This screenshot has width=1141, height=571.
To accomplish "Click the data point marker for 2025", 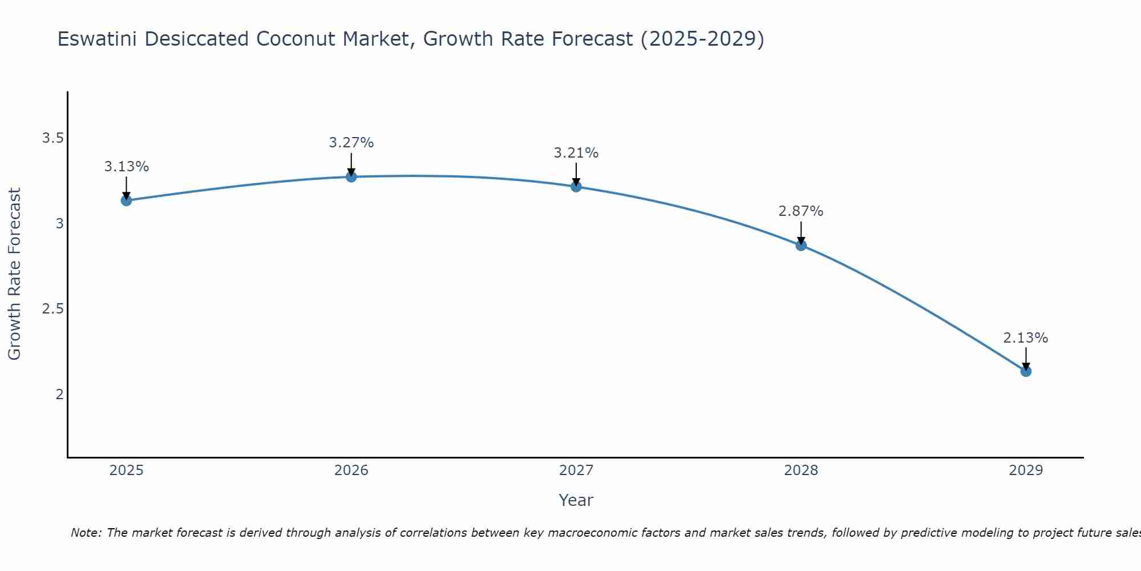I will coord(126,200).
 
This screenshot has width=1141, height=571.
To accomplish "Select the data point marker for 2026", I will coord(351,177).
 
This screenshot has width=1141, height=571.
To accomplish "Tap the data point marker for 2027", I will coord(576,187).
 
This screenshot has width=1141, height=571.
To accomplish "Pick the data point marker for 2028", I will coord(801,246).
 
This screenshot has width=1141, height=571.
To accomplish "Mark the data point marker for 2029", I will coord(1026,372).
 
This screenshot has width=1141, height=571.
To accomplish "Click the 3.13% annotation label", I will coord(126,167).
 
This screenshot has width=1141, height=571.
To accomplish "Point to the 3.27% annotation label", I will coord(351,143).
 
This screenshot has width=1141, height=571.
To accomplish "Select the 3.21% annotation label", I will coord(576,153).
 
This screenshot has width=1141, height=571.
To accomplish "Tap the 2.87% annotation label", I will coord(801,211).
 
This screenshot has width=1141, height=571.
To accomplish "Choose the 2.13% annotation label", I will coord(1026,338).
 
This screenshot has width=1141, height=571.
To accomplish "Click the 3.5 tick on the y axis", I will coord(52,138).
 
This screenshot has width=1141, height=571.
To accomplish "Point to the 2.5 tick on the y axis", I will coord(52,309).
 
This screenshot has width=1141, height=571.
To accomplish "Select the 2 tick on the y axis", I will coord(59,394).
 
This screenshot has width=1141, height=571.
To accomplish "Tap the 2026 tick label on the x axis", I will coord(351,471).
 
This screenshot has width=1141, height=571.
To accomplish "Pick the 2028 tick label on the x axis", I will coord(801,471).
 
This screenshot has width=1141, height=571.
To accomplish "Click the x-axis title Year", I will coord(576,500).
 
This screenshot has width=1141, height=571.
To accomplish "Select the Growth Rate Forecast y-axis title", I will coord(14,274).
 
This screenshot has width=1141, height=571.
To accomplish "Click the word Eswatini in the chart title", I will coord(97,39).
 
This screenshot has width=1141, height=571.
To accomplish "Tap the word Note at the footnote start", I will coord(86,533).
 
